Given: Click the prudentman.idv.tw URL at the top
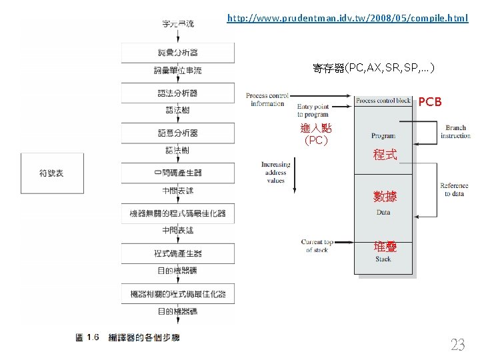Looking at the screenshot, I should click(x=347, y=18).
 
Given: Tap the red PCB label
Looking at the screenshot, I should click(x=429, y=102).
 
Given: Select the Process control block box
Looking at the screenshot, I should click(x=383, y=101).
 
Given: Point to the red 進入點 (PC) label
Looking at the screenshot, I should click(x=315, y=134).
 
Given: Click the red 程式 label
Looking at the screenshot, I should click(x=385, y=155).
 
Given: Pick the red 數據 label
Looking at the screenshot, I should click(x=385, y=196).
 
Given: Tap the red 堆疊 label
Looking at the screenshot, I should click(x=385, y=247).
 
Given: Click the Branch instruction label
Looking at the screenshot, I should click(x=456, y=132).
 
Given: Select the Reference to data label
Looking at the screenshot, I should click(x=454, y=189).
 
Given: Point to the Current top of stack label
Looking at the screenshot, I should click(x=317, y=246).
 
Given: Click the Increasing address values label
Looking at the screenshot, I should click(x=276, y=172).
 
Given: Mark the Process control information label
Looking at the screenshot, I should click(x=267, y=99).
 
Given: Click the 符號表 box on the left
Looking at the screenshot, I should click(x=51, y=173).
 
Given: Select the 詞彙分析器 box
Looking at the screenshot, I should click(x=177, y=53).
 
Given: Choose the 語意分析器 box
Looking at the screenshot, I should click(x=177, y=133).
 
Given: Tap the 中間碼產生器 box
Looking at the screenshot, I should click(x=177, y=173).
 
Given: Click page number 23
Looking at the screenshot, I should click(x=457, y=345).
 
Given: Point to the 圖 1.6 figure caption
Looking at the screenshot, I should click(x=127, y=338).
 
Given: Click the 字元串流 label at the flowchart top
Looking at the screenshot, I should click(x=178, y=24).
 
